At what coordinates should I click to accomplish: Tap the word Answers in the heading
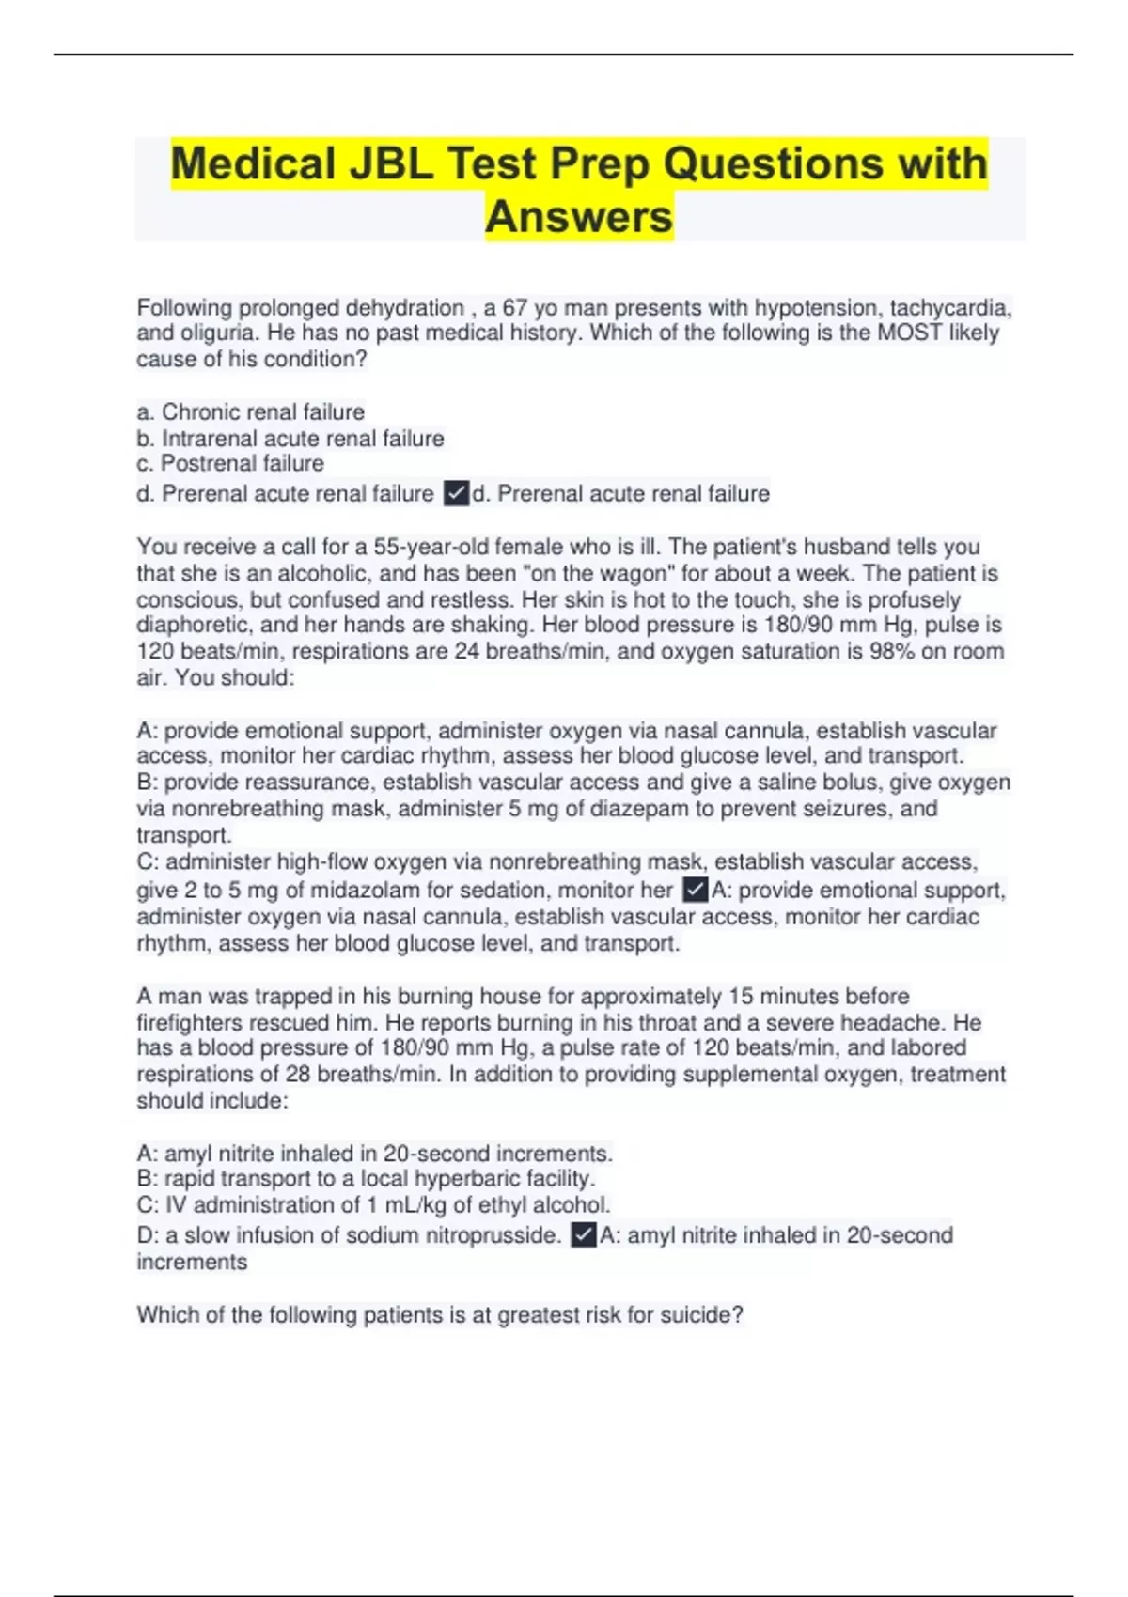tap(579, 217)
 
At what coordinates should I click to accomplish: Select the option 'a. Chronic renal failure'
tap(251, 412)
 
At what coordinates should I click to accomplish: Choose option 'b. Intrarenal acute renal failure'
tap(290, 439)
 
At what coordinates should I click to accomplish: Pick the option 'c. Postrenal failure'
tap(230, 464)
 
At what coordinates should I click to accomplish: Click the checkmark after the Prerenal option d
tap(456, 493)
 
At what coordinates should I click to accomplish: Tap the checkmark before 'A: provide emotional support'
tap(695, 890)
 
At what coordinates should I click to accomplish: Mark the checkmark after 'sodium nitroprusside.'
tap(584, 1235)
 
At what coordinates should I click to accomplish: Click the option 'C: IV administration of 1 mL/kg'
tap(373, 1205)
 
